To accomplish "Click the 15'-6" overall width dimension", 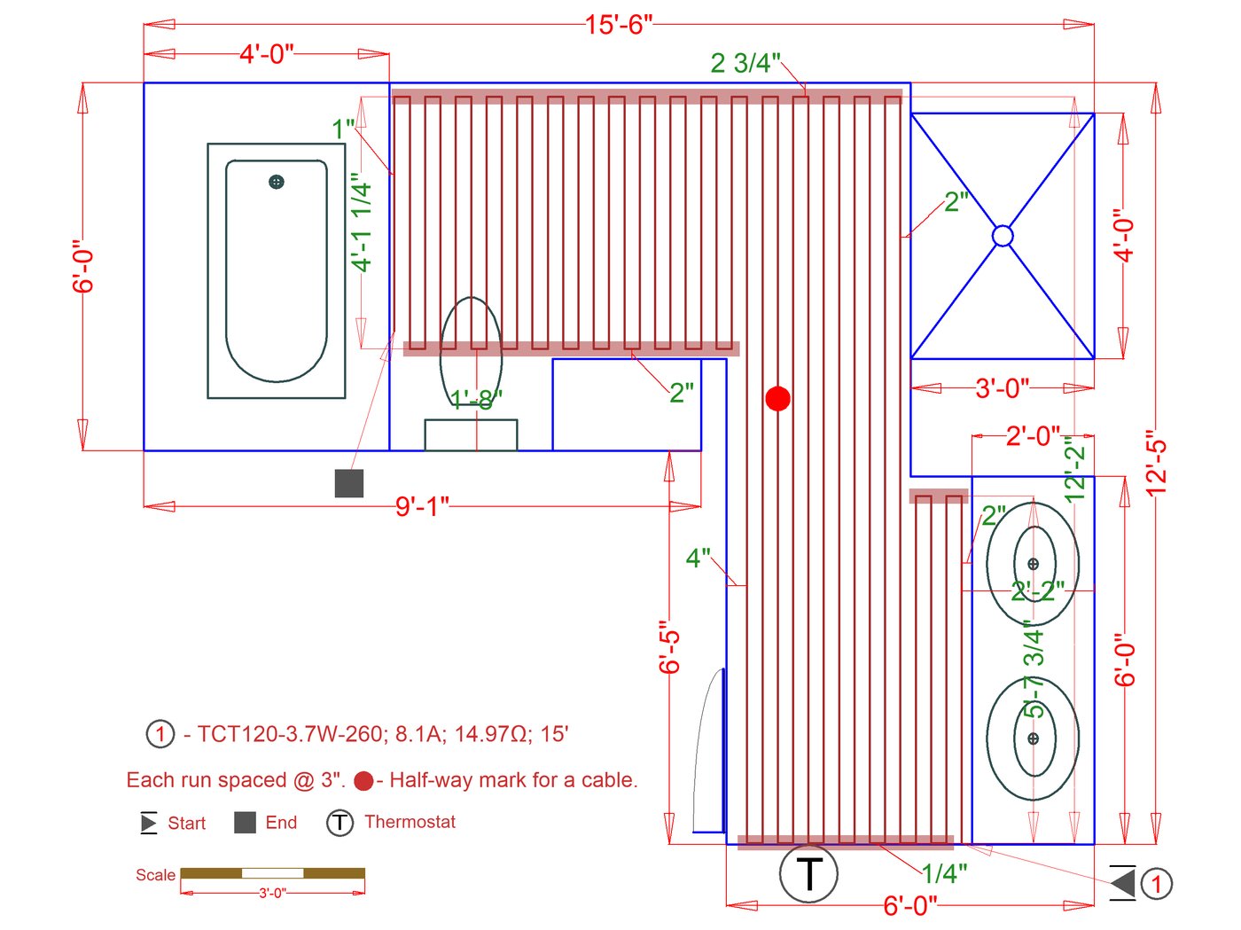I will coord(618,25).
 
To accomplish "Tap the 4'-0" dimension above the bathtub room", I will coord(266,54).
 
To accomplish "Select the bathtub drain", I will coord(277,183).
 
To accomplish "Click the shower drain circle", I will coord(1003,236).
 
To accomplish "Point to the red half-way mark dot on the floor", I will coord(777,399).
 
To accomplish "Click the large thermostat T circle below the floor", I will coord(808,874).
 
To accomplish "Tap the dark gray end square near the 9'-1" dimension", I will coord(349,483).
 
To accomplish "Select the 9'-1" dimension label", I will coord(422,506).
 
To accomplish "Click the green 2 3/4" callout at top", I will coord(745,63).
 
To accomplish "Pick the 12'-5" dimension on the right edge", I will coord(1156,463).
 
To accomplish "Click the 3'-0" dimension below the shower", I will coord(1002,388).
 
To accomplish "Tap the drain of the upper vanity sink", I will coord(1033,564).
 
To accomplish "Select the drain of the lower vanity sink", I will coord(1033,738).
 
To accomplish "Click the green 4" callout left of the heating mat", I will coord(699,559).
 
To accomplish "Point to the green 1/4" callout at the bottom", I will coord(944,873).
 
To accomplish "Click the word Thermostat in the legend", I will coord(410,822).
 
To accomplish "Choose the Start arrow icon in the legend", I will coord(149,823).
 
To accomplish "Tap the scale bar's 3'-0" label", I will coord(272,893).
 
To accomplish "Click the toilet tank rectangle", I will coord(471,435).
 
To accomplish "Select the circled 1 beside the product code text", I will coord(160,734).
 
